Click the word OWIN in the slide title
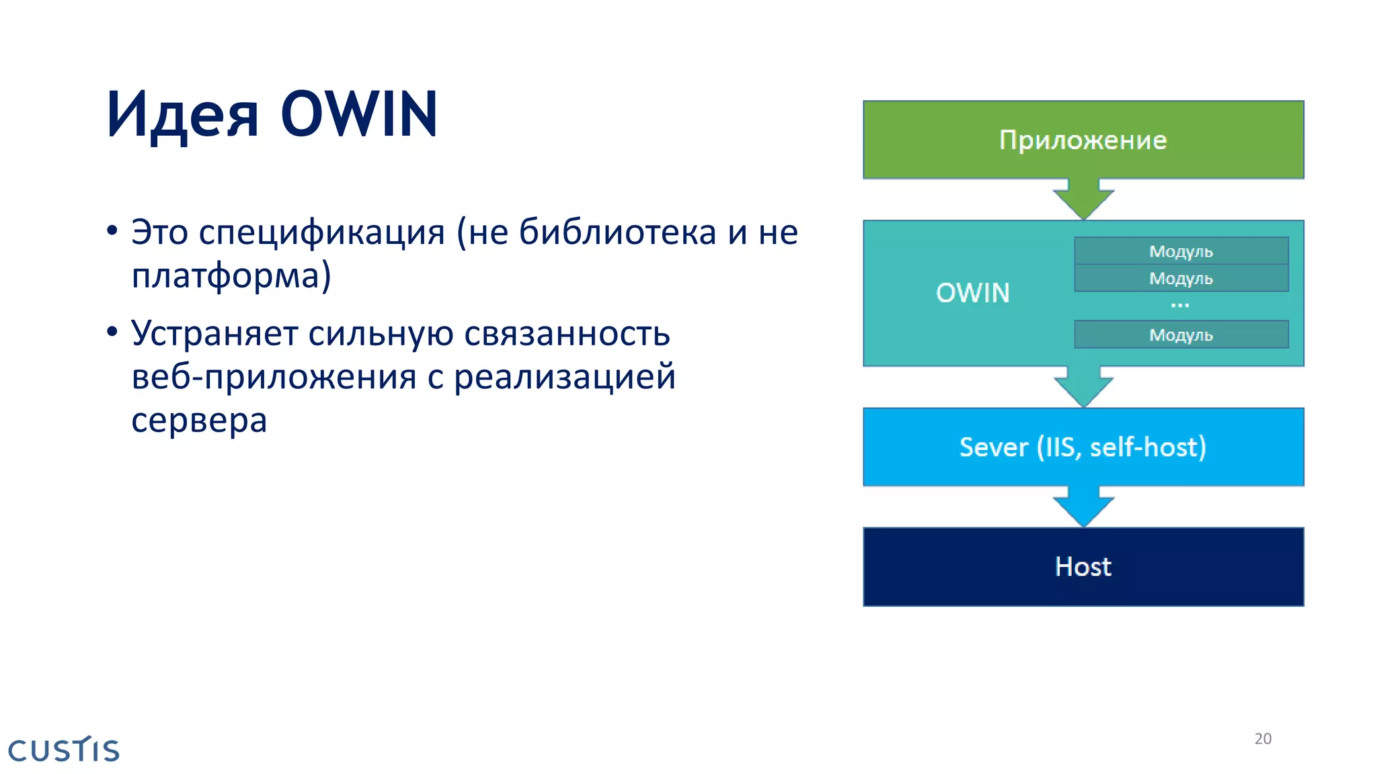[359, 114]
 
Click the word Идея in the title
[182, 116]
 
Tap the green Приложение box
[1083, 140]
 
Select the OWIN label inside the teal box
[972, 293]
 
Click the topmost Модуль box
[1181, 251]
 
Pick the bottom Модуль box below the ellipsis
[1181, 335]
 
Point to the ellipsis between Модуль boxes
[1179, 306]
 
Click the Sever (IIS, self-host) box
[1083, 447]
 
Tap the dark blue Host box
[1083, 566]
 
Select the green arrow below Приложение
[1083, 199]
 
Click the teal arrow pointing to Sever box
[1083, 387]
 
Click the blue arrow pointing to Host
[1083, 507]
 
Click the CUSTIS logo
[64, 750]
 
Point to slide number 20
[1263, 738]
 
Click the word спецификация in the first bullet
[322, 233]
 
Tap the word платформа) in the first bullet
[231, 276]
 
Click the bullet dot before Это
[112, 231]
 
